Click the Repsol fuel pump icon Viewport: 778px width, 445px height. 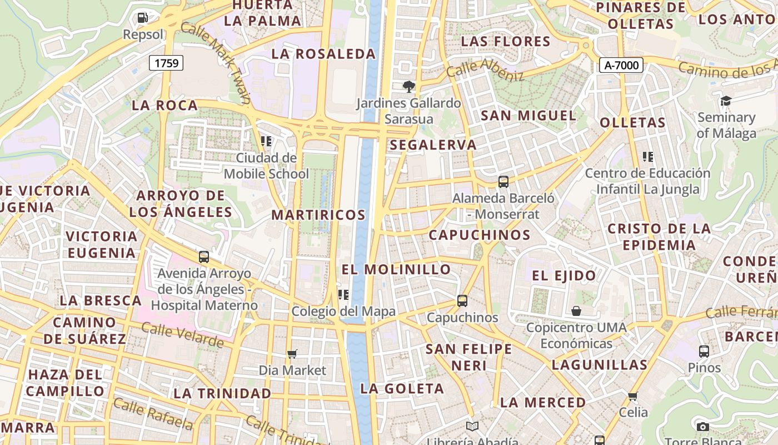point(143,18)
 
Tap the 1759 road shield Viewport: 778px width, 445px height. point(167,63)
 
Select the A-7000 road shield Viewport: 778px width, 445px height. point(621,65)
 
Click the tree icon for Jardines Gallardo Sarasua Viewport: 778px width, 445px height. point(409,86)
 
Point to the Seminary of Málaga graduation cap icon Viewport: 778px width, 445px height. point(726,101)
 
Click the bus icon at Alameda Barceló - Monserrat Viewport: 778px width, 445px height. point(503,181)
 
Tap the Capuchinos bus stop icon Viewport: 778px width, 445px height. point(462,301)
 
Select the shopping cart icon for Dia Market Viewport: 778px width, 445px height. point(292,354)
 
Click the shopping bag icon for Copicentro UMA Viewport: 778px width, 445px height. point(576,311)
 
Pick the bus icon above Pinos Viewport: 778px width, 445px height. point(704,352)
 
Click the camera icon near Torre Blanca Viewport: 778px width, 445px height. point(703,427)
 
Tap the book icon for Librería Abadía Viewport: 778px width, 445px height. point(472,426)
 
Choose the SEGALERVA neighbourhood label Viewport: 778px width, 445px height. point(433,145)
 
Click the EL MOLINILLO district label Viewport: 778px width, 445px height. point(396,270)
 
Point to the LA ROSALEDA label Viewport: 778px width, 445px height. point(323,54)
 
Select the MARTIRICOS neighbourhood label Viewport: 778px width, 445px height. point(318,215)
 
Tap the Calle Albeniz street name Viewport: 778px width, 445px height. point(485,70)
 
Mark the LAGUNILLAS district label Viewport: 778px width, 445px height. point(599,365)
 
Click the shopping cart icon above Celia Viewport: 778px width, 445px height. point(632,396)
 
